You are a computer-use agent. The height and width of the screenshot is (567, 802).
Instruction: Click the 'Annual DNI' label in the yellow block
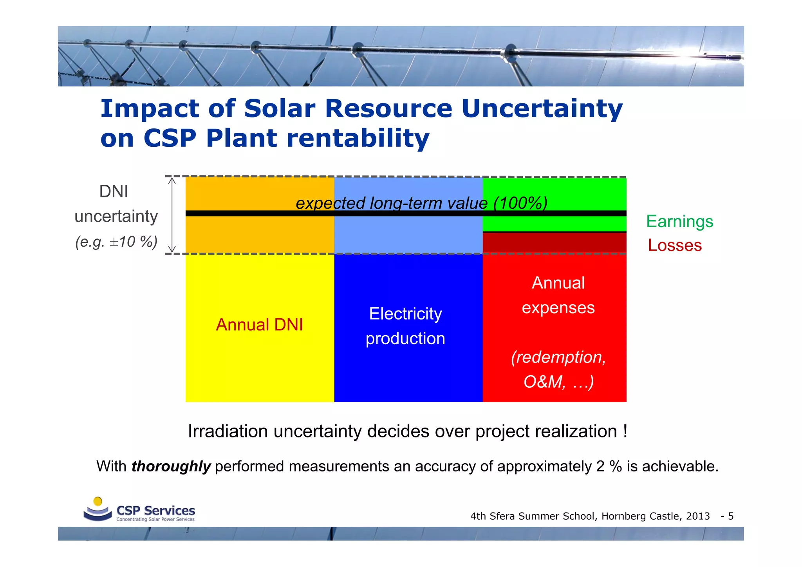259,325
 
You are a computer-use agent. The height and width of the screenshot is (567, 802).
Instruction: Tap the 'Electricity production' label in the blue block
405,326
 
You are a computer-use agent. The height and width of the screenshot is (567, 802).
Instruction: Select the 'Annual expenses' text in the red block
558,295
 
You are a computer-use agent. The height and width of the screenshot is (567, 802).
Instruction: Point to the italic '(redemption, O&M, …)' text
558,369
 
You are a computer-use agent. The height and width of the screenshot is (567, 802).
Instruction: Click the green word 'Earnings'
679,221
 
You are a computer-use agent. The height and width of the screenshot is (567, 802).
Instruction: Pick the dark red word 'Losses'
675,246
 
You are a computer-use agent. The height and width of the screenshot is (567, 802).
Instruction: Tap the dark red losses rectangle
554,243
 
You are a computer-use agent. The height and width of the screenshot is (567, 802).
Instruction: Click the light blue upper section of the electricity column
407,235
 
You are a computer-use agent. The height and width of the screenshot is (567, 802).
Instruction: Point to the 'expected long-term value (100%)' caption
421,203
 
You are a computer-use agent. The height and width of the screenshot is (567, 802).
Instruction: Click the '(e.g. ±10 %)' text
116,242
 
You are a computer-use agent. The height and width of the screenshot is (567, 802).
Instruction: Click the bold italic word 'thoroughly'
171,466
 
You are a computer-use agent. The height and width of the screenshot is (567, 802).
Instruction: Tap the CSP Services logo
139,510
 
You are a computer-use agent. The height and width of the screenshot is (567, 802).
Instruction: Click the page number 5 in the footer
731,516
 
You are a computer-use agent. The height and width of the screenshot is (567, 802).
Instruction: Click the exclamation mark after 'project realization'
625,431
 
